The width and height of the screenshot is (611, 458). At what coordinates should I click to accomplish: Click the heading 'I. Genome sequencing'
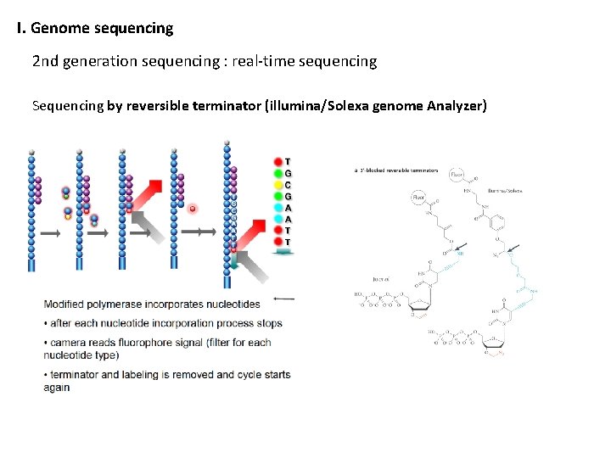pyautogui.click(x=95, y=28)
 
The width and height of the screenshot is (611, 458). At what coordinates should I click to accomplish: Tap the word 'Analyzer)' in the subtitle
pyautogui.click(x=457, y=106)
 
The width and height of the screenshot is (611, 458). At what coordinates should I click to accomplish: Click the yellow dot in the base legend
pyautogui.click(x=277, y=185)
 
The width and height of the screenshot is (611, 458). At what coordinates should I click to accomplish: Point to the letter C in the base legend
pyautogui.click(x=289, y=185)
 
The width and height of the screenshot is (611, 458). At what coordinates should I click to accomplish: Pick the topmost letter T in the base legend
pyautogui.click(x=289, y=161)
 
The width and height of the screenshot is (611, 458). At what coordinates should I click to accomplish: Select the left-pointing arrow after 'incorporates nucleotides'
pyautogui.click(x=285, y=299)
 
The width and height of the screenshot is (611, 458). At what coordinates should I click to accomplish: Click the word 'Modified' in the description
pyautogui.click(x=67, y=304)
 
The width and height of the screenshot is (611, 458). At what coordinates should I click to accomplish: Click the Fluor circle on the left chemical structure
pyautogui.click(x=419, y=198)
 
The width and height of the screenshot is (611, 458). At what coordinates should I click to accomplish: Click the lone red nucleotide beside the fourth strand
pyautogui.click(x=193, y=208)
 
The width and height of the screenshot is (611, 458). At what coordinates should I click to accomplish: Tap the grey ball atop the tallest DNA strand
pyautogui.click(x=227, y=144)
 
